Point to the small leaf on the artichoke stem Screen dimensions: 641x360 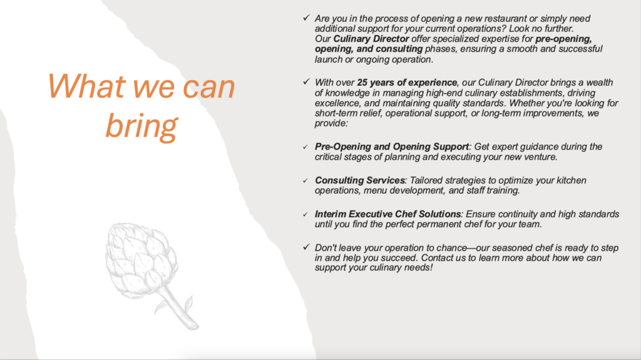click(x=188, y=303)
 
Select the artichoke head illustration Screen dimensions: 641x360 click(x=141, y=259)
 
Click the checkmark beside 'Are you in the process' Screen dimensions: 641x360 click(x=306, y=18)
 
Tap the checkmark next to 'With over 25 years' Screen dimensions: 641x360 click(x=306, y=81)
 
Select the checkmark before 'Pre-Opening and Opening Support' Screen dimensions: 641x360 click(x=305, y=147)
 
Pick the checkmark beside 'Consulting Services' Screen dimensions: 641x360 click(x=305, y=180)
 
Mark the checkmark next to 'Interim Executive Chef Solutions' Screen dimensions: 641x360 click(x=305, y=214)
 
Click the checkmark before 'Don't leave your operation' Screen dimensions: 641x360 click(x=306, y=247)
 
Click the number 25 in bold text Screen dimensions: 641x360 click(x=362, y=83)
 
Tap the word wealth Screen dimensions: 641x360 click(x=600, y=83)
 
